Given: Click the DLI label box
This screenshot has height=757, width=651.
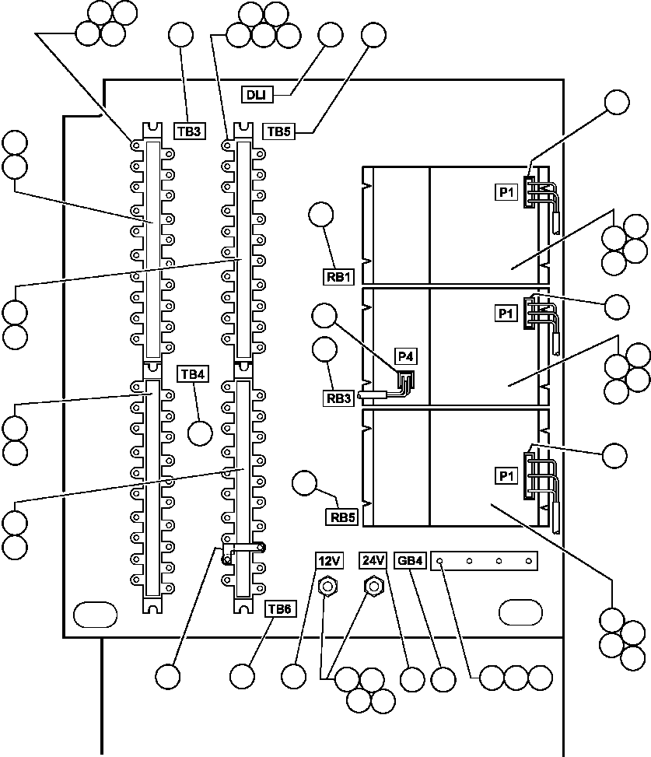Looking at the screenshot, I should coord(257,95).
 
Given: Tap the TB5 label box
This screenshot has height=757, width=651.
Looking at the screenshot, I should coord(278,131).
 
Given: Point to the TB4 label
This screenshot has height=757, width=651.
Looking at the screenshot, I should coord(193,374).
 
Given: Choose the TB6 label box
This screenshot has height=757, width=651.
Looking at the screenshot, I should coord(279,609).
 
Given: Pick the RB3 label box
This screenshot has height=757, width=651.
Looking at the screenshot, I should coord(340,398).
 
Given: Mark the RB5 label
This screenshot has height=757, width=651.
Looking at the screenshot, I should coord(340,517).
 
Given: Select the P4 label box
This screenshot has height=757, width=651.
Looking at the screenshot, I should coord(405,357).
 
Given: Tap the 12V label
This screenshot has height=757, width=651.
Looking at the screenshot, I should coord(327,559).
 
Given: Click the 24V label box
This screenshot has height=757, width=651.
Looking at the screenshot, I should coord(373,559).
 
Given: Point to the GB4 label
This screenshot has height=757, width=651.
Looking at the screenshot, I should coord(410,559).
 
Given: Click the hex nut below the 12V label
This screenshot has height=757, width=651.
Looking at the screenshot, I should coord(327,584).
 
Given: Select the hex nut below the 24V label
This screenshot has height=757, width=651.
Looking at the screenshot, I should coord(373,584).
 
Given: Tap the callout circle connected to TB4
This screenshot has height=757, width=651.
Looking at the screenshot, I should coord(201,433).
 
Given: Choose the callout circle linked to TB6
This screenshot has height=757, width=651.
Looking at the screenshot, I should coord(243,675).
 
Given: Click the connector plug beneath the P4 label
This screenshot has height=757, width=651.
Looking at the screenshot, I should coord(404,380).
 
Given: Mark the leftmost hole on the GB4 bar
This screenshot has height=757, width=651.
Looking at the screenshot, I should coord(440,560).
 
